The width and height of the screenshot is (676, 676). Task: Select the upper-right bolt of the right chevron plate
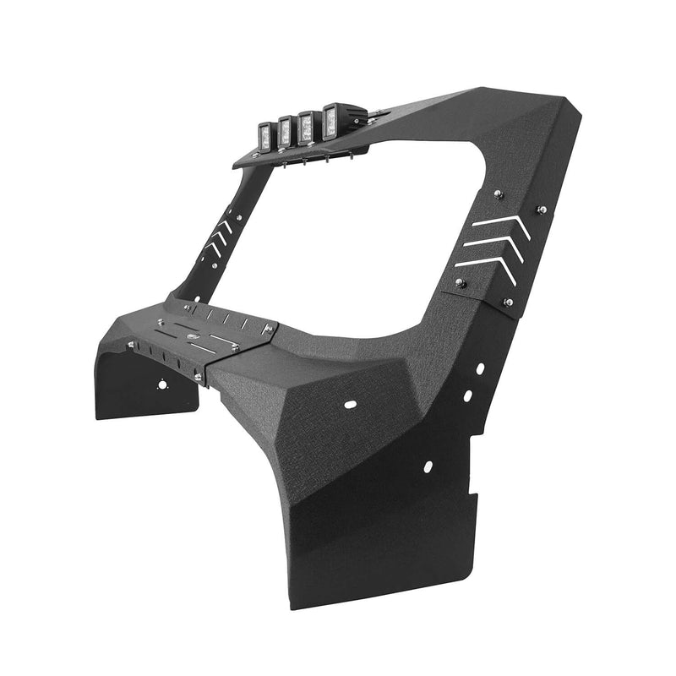(x=541, y=210)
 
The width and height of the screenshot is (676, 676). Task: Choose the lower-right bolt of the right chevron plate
(x=508, y=302)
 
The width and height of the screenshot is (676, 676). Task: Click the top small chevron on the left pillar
(x=224, y=226)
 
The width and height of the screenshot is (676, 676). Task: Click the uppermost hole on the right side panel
(x=479, y=369)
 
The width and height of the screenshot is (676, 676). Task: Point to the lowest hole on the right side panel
(x=428, y=466)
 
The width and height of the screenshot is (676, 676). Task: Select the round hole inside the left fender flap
(x=161, y=384)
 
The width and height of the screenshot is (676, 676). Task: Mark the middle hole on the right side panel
(x=466, y=395)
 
